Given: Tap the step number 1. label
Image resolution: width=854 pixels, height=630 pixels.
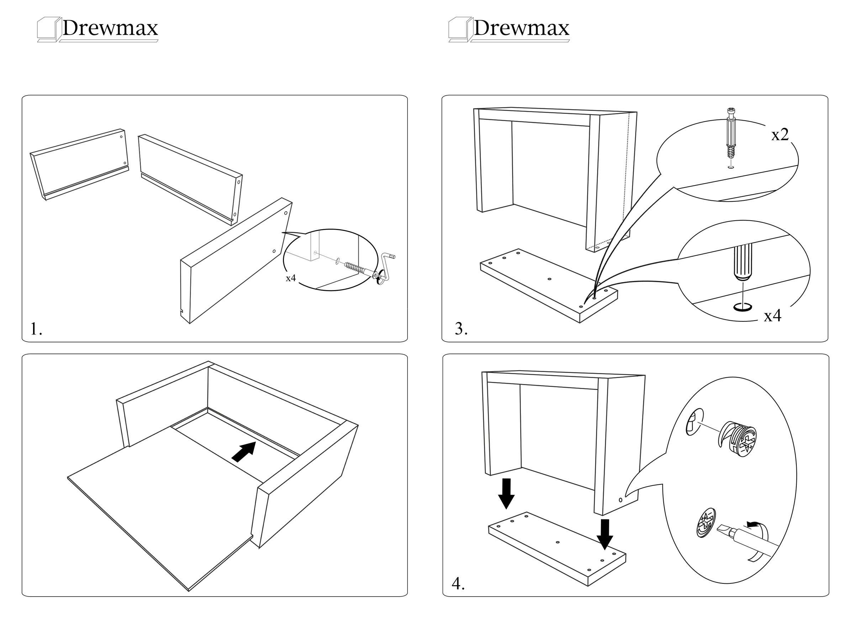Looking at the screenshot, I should click(x=36, y=329).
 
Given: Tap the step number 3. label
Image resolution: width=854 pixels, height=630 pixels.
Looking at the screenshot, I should click(x=461, y=329).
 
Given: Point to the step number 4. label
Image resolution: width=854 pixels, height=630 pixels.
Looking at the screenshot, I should click(x=458, y=584).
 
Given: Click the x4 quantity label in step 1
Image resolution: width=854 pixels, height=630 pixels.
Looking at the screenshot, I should click(x=290, y=278).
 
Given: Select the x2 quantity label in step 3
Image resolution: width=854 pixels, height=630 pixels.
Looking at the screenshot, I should click(x=780, y=135).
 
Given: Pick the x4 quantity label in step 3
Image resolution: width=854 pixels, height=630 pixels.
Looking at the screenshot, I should click(x=773, y=316).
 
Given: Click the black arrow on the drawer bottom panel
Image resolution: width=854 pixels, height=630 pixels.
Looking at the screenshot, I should click(x=244, y=452).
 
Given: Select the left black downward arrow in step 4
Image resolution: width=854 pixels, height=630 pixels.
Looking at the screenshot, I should click(x=506, y=494).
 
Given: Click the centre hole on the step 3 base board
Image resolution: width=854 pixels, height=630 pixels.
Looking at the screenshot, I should click(x=549, y=279).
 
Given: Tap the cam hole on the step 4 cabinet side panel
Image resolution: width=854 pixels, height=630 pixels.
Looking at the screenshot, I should click(x=620, y=500).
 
